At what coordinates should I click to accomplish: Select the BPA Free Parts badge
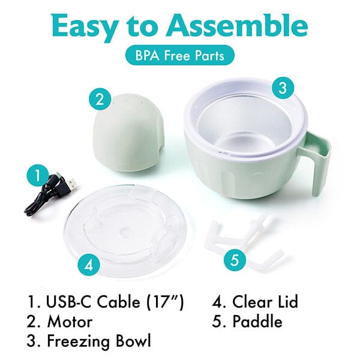180,55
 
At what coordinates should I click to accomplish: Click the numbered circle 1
37,176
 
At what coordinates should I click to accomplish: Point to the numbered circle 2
100,100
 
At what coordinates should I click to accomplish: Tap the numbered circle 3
283,88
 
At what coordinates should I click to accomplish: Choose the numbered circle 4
89,266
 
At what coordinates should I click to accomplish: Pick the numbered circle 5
235,260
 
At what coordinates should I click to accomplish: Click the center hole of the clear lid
125,230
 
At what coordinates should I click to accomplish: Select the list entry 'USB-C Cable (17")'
106,302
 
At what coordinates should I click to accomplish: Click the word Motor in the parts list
70,322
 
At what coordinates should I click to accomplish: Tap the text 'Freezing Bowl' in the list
99,341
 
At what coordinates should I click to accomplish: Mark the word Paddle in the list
257,322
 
